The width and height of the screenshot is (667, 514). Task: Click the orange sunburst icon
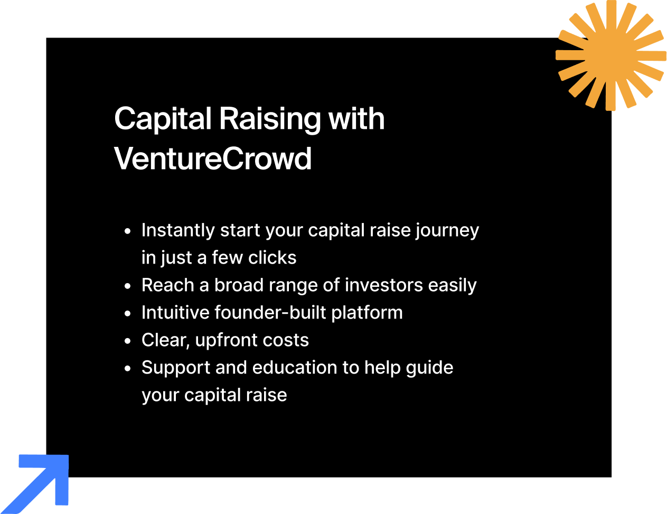611,55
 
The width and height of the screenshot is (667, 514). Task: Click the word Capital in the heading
163,119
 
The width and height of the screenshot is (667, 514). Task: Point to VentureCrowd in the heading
213,158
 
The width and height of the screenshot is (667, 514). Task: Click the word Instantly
178,230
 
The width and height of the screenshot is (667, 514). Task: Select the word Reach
167,285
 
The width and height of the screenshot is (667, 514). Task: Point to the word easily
452,286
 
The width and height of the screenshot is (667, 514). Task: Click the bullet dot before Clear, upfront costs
127,341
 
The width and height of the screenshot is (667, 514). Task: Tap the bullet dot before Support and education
127,369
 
